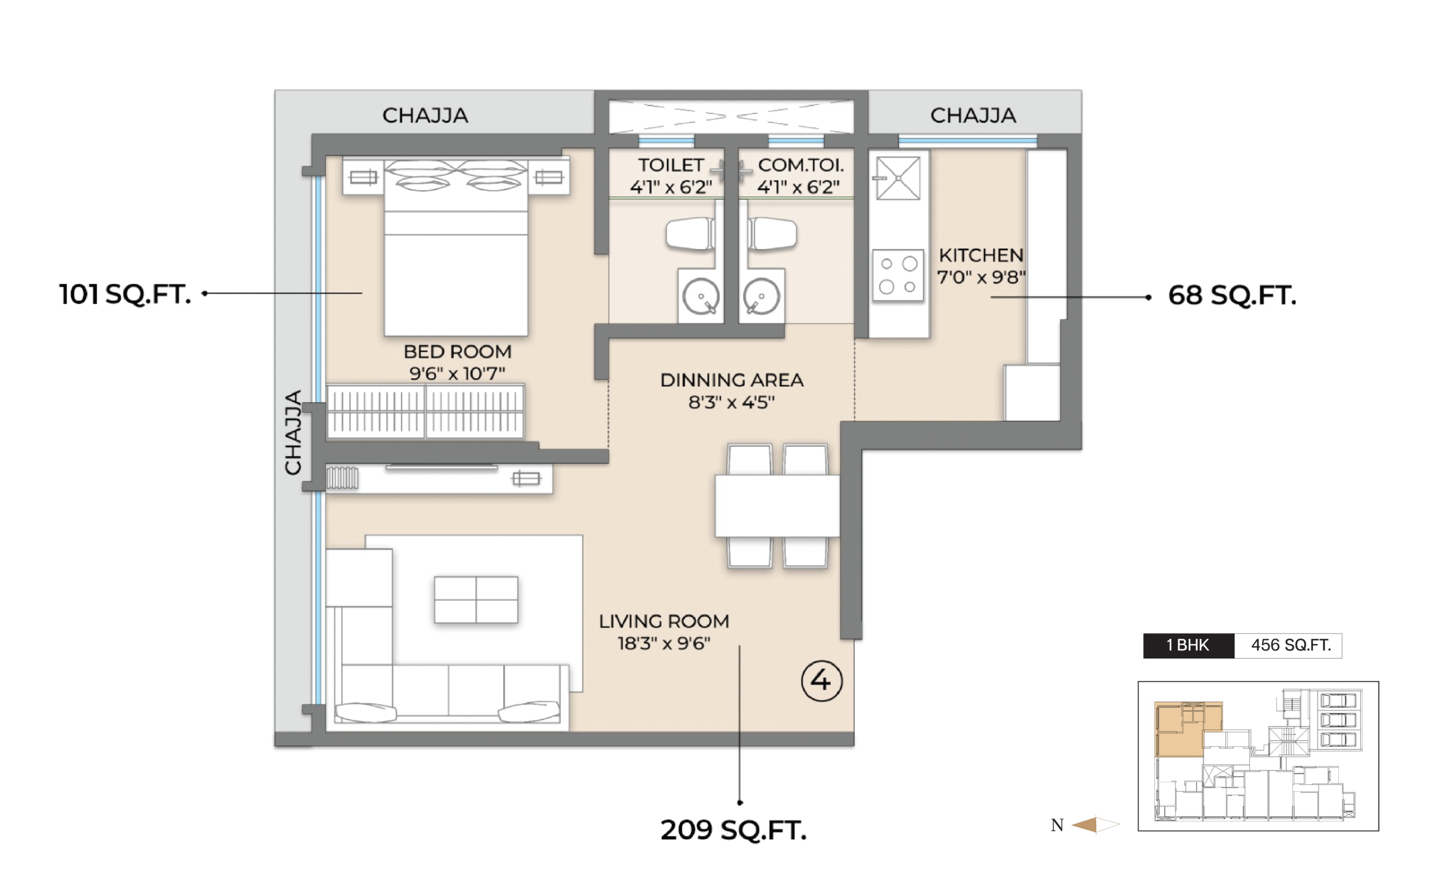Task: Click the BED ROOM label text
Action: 457,351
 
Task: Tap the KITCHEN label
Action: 981,255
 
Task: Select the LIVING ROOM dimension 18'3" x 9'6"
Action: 664,643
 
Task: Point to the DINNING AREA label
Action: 732,379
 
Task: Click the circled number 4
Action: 821,681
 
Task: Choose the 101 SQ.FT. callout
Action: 125,294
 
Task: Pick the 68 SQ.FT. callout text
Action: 1232,295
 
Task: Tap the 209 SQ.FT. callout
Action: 733,830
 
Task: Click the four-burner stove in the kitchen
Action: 898,275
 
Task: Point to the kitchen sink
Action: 898,178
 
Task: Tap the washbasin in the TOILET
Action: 702,296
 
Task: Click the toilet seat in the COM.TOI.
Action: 773,234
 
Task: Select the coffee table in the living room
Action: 476,600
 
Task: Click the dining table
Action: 777,506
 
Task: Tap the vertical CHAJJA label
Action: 293,432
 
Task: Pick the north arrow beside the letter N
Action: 1095,824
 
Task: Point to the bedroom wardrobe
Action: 425,412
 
